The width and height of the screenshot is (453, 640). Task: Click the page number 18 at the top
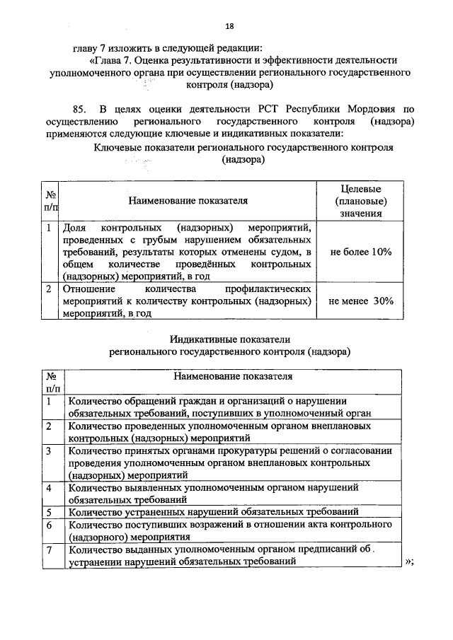[x=229, y=26]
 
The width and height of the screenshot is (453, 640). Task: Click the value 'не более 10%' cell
[x=361, y=252]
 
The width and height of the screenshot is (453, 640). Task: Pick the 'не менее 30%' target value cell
[x=361, y=301]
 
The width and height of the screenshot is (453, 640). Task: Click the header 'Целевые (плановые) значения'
[x=361, y=200]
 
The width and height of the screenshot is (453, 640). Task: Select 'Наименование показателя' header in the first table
[x=188, y=200]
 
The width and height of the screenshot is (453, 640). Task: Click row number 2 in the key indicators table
[x=48, y=289]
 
